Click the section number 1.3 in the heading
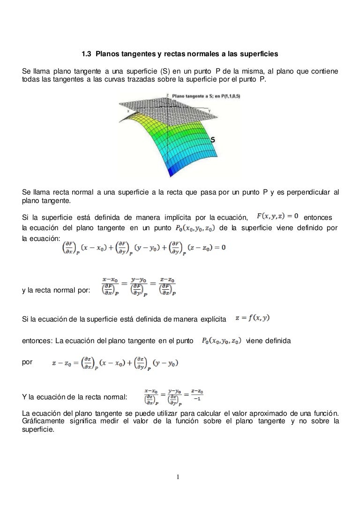coord(87,54)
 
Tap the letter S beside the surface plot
coord(212,140)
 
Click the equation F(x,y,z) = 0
coord(278,216)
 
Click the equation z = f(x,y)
coord(252,318)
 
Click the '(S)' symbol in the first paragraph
coord(163,71)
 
